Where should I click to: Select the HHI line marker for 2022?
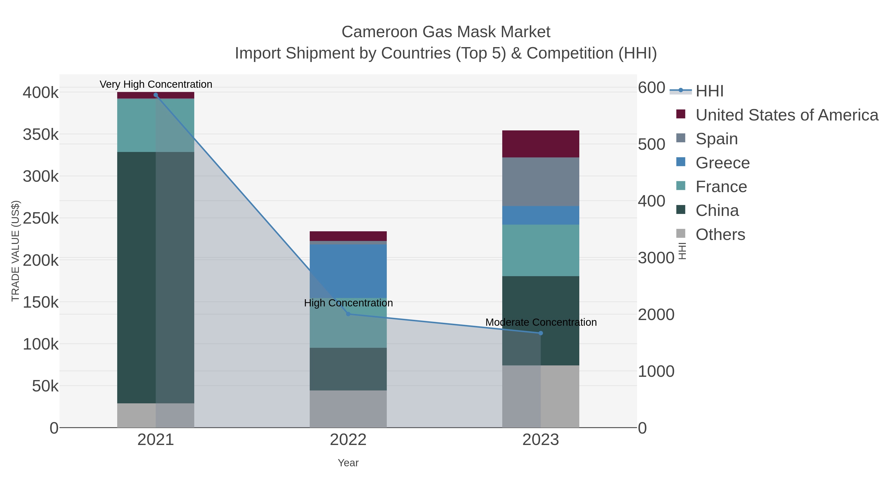(348, 314)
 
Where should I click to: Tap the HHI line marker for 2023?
(541, 333)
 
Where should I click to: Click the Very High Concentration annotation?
(156, 84)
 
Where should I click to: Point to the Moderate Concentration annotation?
(541, 322)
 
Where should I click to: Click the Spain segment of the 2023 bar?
(541, 182)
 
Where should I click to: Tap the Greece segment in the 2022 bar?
(348, 271)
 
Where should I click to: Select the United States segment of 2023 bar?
(541, 144)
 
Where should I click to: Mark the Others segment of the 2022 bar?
(348, 409)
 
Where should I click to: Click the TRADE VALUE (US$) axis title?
(16, 251)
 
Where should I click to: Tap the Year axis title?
(348, 463)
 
